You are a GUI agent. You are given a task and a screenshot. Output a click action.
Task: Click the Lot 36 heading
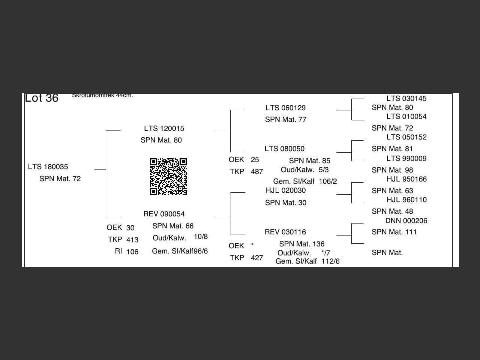pos(42,98)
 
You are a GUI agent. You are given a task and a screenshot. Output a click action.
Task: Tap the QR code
pos(168,177)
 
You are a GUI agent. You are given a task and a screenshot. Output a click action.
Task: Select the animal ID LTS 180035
pos(48,166)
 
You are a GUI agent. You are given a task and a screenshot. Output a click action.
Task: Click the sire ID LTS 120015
pos(164,128)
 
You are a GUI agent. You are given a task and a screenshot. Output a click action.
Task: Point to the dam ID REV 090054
pos(164,214)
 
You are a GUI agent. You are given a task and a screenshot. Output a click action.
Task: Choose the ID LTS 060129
pos(285,108)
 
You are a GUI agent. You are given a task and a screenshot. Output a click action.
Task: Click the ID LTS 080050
pos(284,148)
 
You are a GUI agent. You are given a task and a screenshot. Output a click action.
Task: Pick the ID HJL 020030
pos(285,190)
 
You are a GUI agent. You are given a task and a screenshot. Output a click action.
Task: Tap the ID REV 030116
pos(285,232)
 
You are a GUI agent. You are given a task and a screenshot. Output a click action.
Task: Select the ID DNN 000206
pos(406,220)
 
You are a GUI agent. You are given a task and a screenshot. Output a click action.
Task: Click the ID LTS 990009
pos(406,158)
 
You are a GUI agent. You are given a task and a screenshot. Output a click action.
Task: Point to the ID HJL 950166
pos(406,179)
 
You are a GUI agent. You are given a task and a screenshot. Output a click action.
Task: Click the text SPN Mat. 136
pos(301,244)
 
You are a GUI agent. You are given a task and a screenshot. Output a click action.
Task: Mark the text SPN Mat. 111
pos(394,232)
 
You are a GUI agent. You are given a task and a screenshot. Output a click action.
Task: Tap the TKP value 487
pos(257,171)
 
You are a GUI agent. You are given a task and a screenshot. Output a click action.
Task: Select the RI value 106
pos(132,252)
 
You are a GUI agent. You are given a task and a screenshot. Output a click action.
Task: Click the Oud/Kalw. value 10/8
pos(201,237)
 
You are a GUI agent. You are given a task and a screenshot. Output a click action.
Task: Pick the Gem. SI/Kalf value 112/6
pos(330,261)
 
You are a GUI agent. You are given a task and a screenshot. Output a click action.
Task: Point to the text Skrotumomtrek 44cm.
pos(102,95)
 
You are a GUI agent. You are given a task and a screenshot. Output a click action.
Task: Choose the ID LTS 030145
pos(406,98)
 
